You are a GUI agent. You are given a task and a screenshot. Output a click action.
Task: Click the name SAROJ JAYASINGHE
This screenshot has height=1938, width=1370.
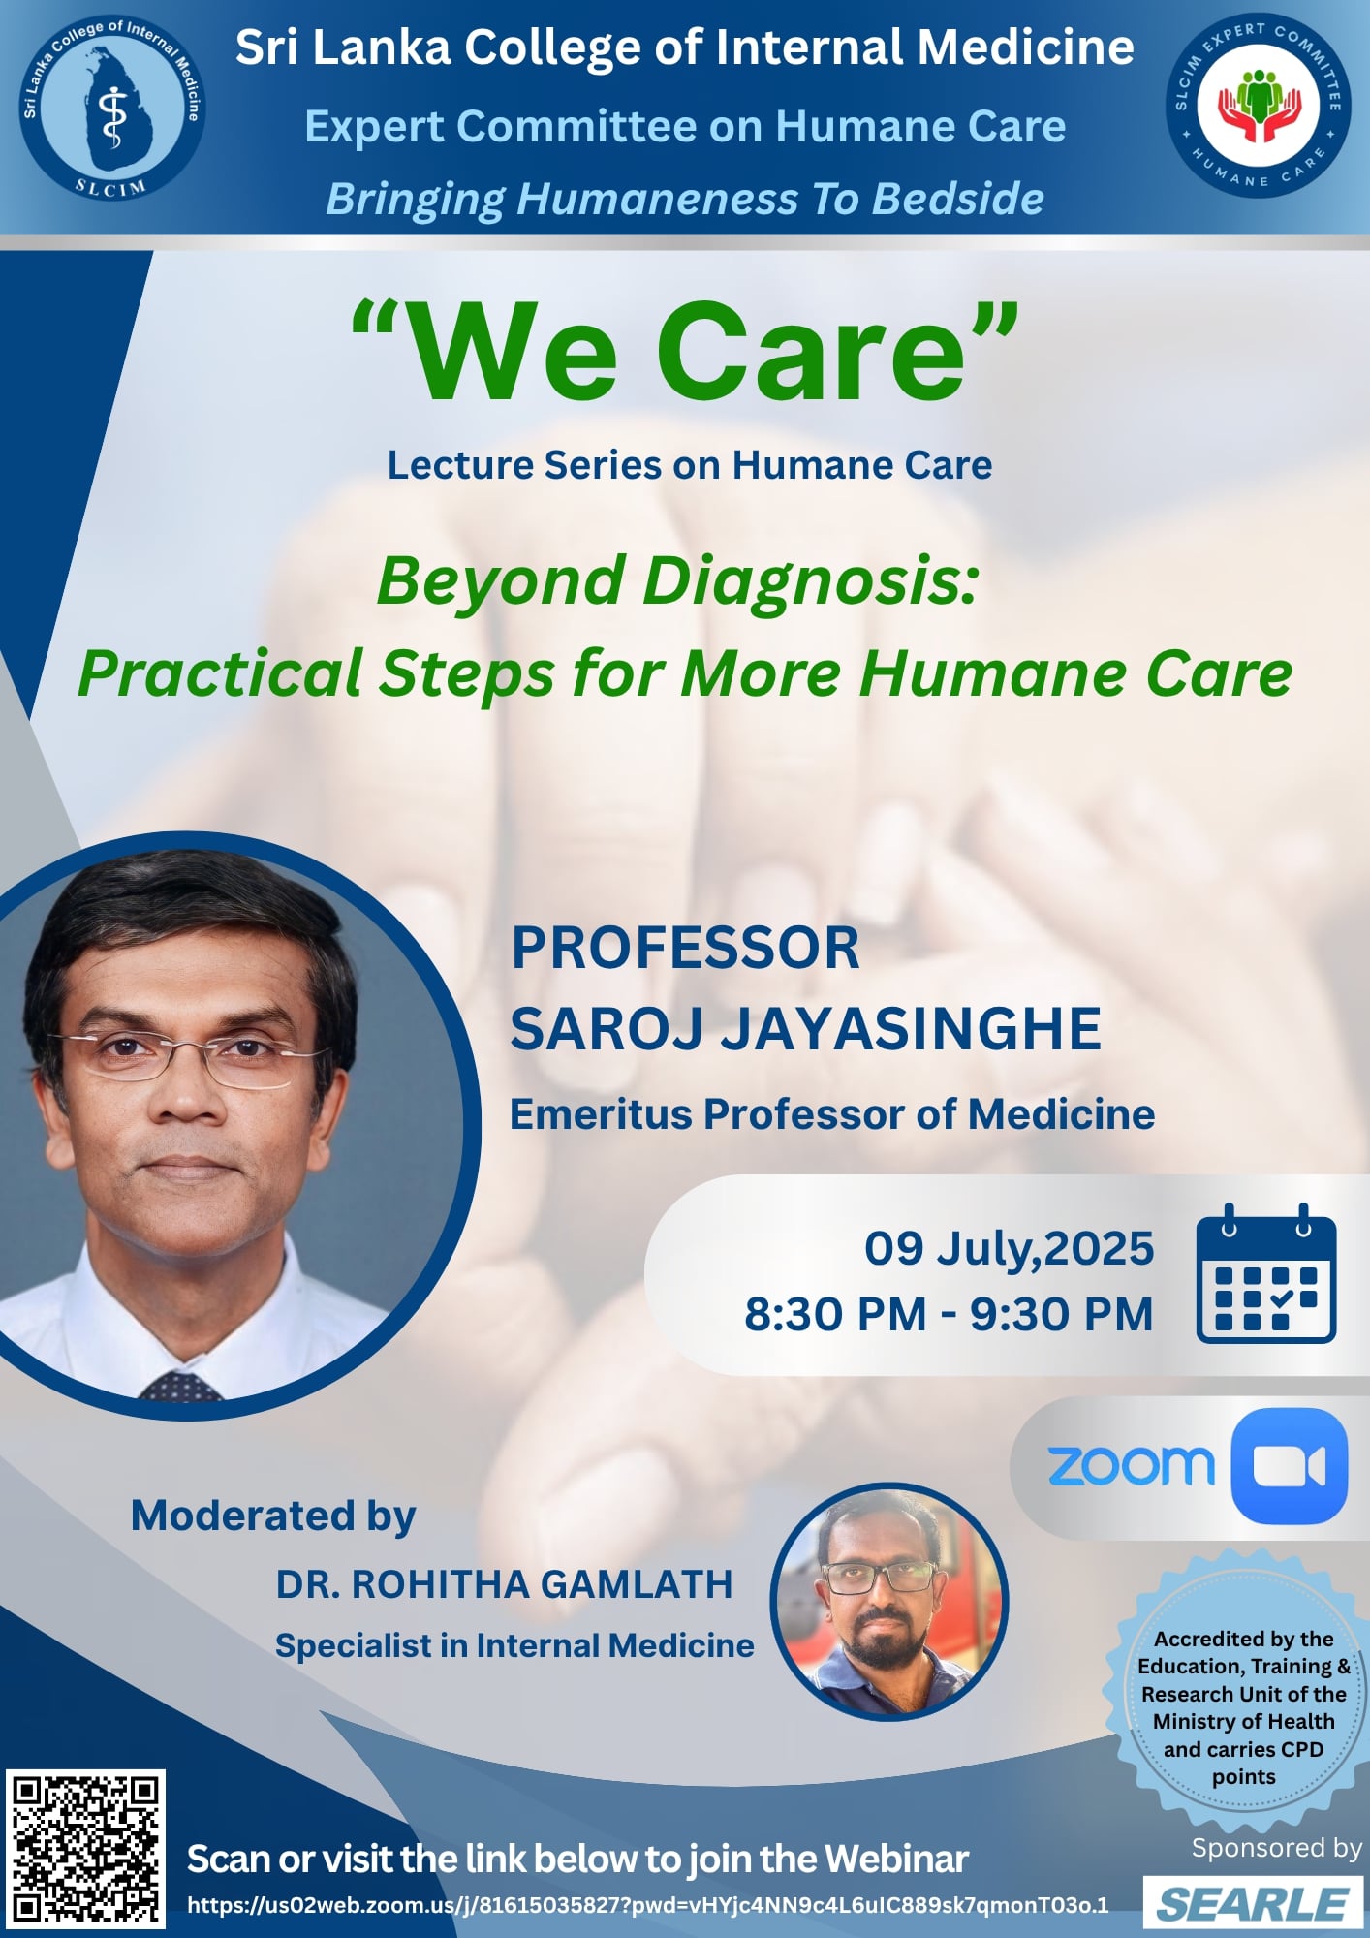[805, 1029]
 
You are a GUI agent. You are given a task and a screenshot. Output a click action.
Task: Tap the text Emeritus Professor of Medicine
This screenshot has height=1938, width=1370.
[831, 1114]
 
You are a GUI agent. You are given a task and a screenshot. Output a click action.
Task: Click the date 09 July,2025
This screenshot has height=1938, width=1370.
[1009, 1248]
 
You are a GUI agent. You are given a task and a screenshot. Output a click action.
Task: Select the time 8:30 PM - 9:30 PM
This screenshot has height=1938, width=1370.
[949, 1315]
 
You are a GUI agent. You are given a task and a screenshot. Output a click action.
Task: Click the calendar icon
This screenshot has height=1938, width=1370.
[1265, 1275]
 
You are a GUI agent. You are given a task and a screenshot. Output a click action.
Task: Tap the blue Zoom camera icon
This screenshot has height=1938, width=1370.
[1289, 1465]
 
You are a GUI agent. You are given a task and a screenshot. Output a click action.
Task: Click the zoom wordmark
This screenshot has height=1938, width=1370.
[1130, 1465]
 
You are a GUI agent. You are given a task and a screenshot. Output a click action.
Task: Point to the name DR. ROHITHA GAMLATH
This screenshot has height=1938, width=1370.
[504, 1584]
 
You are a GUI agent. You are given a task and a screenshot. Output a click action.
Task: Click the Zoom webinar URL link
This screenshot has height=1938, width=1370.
[647, 1905]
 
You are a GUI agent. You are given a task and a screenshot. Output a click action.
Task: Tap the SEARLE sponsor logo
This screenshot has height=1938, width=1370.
[1254, 1903]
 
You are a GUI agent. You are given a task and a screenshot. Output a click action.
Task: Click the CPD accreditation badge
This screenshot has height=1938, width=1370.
[1243, 1707]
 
